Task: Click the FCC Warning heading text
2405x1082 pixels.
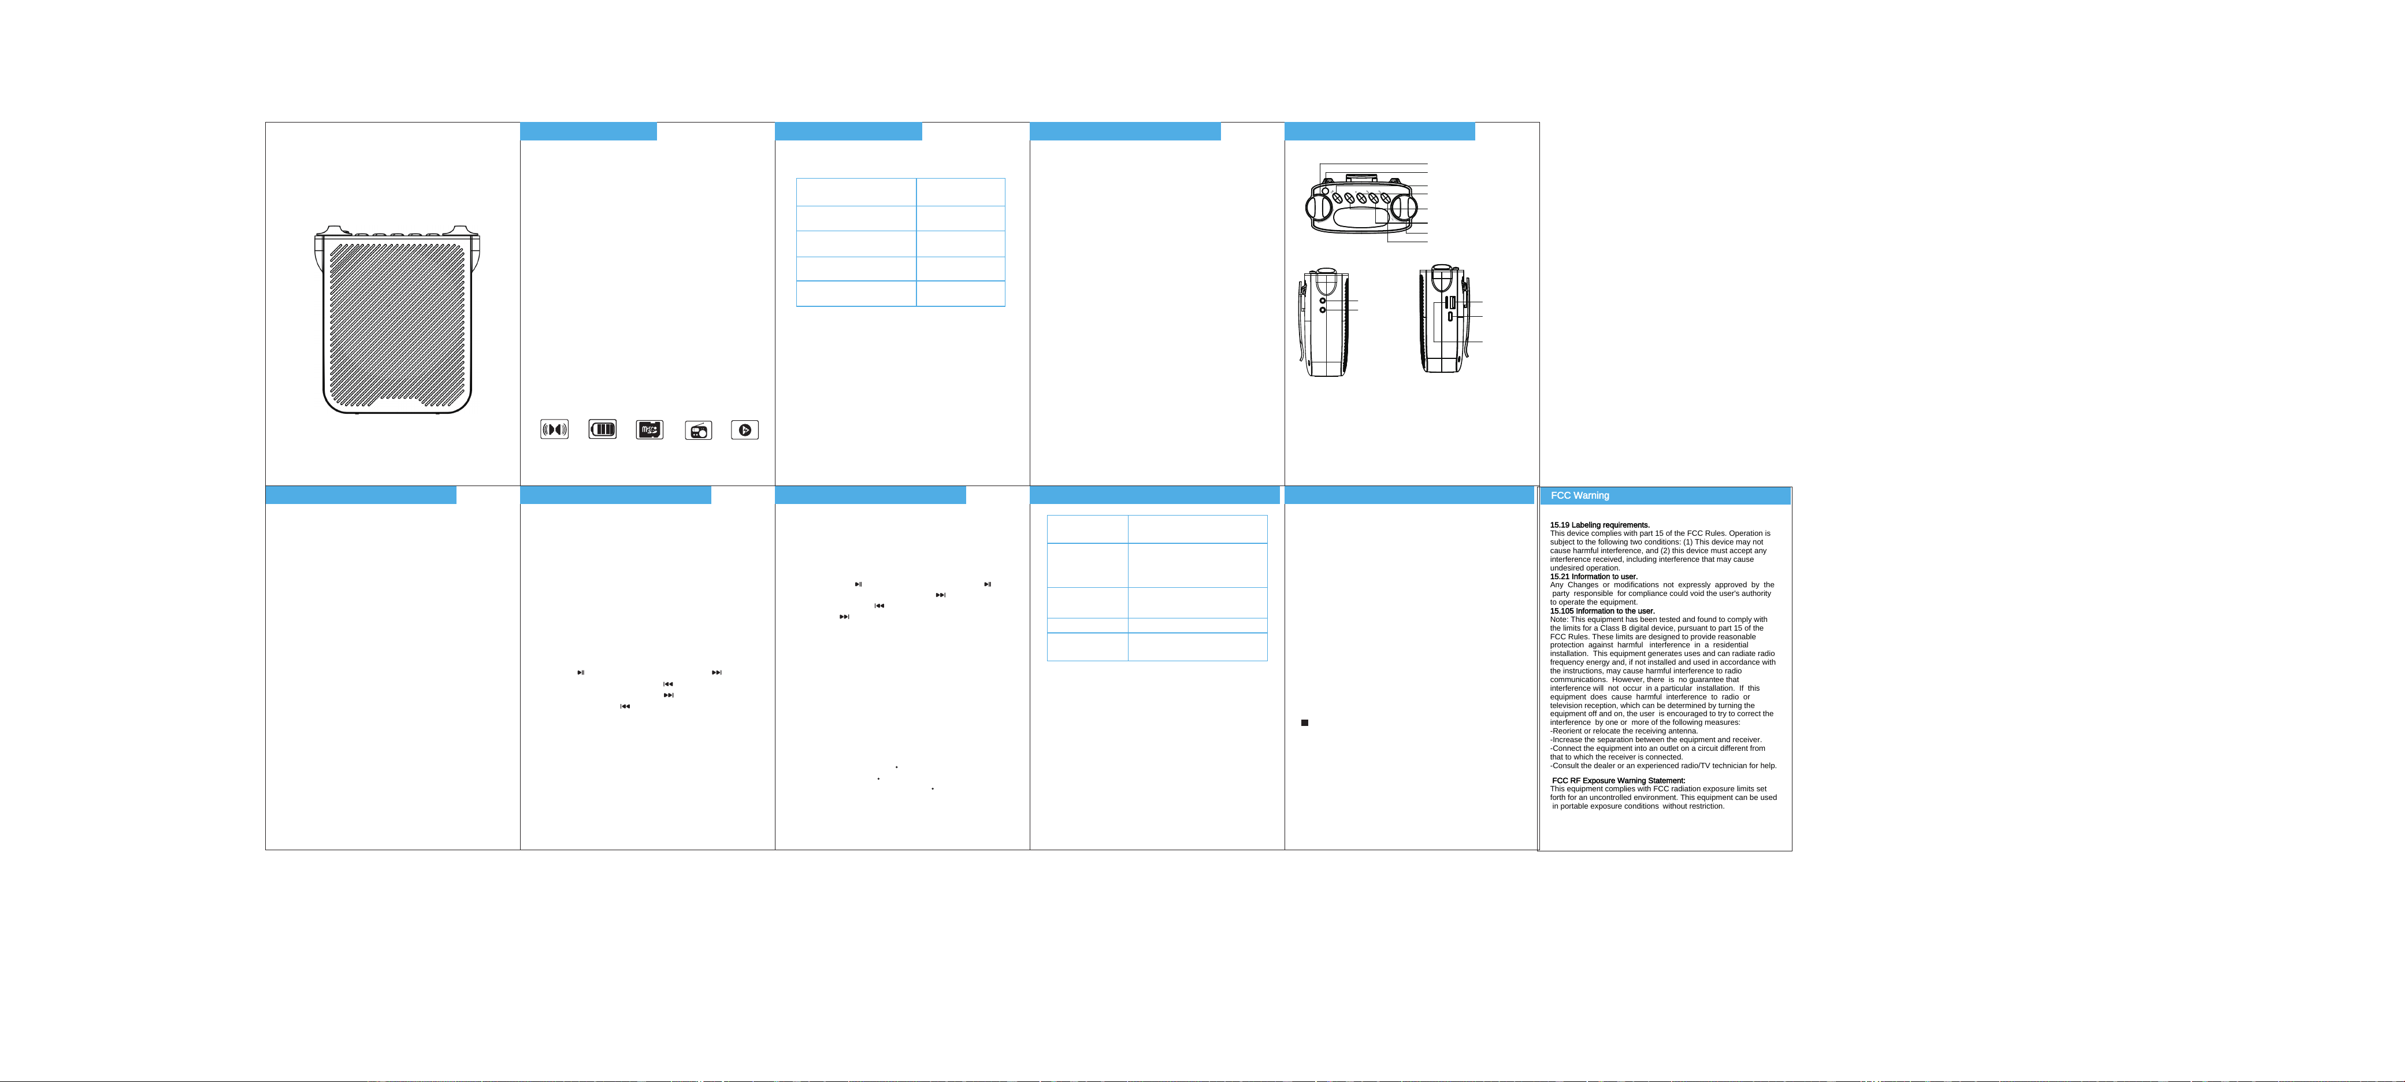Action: pyautogui.click(x=1580, y=496)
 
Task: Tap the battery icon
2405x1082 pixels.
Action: pyautogui.click(x=602, y=429)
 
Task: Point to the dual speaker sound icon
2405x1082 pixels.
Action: pyautogui.click(x=555, y=429)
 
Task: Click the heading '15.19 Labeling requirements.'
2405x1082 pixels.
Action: pyautogui.click(x=1599, y=525)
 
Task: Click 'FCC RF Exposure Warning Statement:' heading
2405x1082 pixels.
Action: pyautogui.click(x=1619, y=780)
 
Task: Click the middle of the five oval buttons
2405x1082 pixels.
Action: pyautogui.click(x=1361, y=199)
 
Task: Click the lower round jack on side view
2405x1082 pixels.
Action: pyautogui.click(x=1323, y=310)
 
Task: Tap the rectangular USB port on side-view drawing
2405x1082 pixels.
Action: pyautogui.click(x=1451, y=302)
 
